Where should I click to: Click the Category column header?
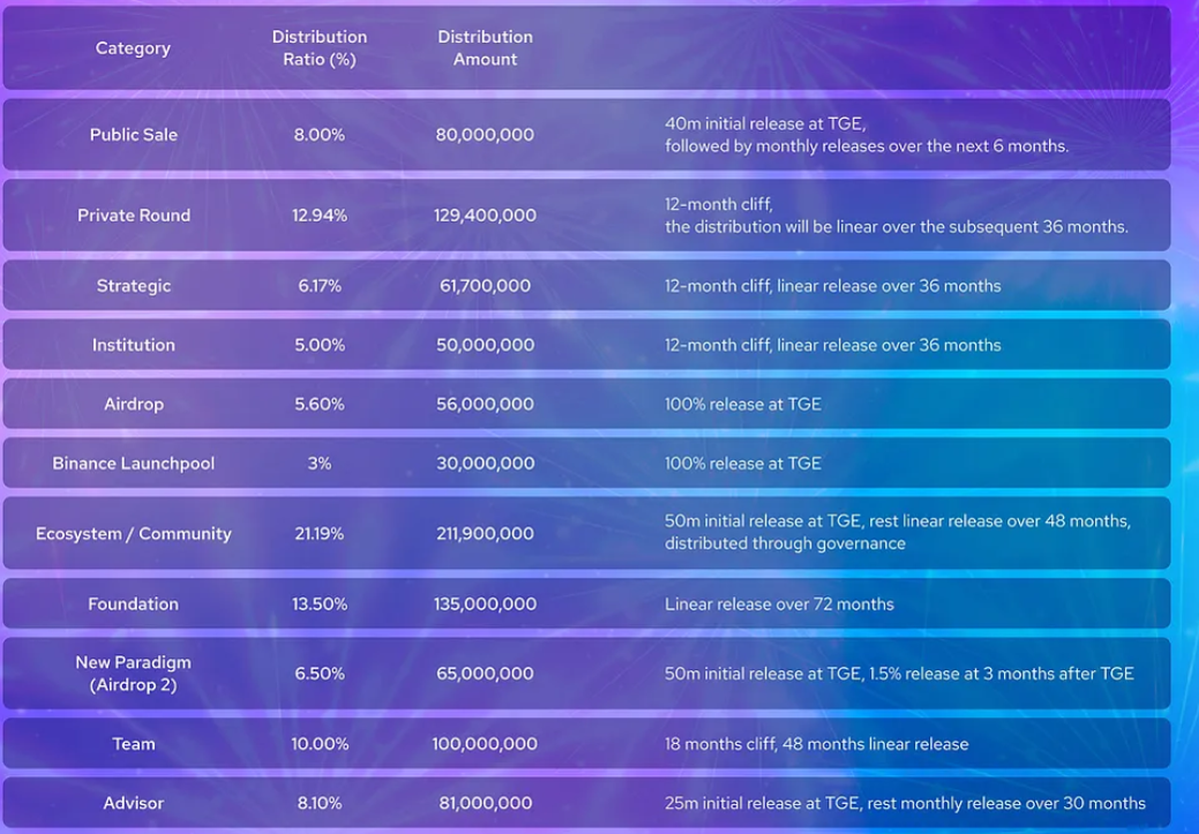coord(133,48)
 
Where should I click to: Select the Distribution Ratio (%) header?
coord(319,48)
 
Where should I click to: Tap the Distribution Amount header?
coord(485,48)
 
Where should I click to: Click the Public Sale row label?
coord(133,135)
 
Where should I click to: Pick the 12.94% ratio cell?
coord(319,215)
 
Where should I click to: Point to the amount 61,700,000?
coord(485,286)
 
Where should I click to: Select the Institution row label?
coord(133,345)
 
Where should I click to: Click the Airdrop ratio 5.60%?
coord(319,405)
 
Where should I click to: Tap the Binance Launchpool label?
coord(133,463)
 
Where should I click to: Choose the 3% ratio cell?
coord(319,463)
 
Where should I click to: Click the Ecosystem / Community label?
coord(133,533)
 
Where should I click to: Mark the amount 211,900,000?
coord(485,533)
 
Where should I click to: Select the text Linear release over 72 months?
coord(779,603)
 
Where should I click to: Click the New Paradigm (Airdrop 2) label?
coord(133,673)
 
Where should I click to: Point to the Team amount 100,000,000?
coord(485,744)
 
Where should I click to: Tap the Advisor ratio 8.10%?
coord(319,803)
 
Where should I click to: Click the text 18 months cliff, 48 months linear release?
coord(816,744)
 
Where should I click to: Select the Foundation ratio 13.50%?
coord(319,603)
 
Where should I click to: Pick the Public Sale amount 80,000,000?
coord(485,135)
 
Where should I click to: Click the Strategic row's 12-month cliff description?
coord(832,286)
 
